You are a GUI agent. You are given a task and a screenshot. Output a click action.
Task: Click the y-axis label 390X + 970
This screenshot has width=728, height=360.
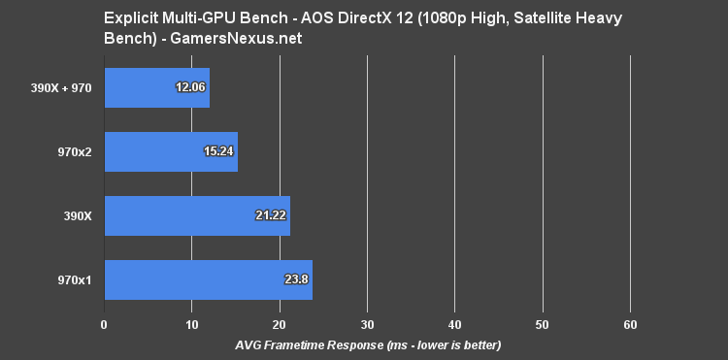[60, 87]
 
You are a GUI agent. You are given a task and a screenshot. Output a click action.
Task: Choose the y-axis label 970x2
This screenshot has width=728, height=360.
[74, 151]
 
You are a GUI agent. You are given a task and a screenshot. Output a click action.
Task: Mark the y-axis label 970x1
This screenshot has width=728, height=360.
[74, 279]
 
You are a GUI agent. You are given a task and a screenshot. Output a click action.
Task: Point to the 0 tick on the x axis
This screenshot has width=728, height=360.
[104, 323]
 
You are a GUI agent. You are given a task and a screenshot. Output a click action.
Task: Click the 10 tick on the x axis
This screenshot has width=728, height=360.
[191, 323]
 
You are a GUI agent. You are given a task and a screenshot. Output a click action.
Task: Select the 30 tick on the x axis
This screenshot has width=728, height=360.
[367, 323]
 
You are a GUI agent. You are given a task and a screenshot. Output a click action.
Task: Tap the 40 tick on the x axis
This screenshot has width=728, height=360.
[454, 323]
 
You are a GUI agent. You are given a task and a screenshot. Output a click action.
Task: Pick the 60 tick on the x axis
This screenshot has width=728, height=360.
[630, 323]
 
